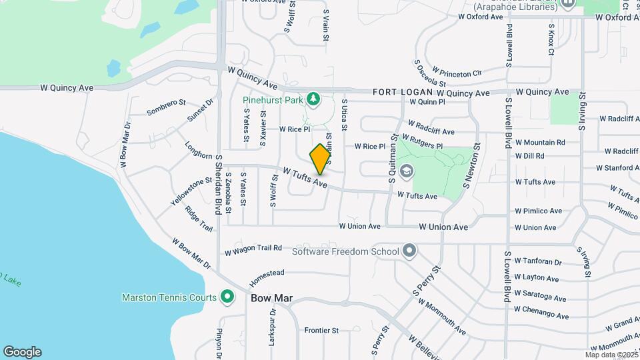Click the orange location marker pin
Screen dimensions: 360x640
pos(321,159)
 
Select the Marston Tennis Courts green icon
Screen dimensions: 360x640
pos(227,297)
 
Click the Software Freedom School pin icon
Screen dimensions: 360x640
pos(409,251)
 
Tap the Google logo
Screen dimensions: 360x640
pos(22,352)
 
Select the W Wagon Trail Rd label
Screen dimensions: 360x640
pos(253,249)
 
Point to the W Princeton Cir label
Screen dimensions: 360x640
pos(457,71)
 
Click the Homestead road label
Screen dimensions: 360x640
pos(267,276)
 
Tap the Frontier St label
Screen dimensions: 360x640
pos(321,330)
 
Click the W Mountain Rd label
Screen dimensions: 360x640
pos(539,142)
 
